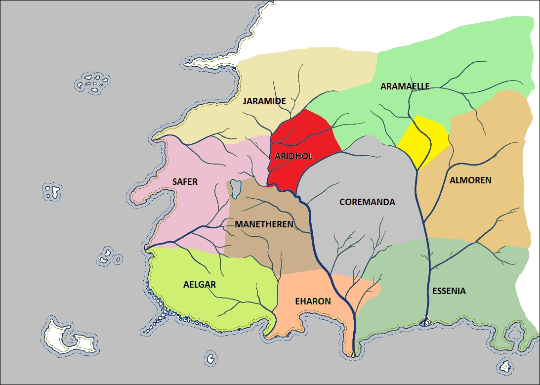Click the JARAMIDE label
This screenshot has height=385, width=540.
pos(264,101)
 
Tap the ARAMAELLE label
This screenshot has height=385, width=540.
pos(405,86)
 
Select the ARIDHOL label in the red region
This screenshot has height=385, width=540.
pos(293,156)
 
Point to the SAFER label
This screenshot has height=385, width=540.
pos(185,182)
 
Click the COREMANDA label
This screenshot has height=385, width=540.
pos(367,202)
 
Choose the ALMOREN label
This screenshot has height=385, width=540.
pos(470,180)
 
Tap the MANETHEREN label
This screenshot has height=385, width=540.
pos(264,224)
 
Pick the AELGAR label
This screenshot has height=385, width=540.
pos(200,285)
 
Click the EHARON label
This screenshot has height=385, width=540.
pos(313,301)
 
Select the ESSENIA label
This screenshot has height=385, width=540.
pos(449,291)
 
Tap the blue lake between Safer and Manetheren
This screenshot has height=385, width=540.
pos(236,188)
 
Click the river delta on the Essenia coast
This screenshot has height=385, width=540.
pos(426,323)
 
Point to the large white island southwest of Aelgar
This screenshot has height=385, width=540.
pos(67,337)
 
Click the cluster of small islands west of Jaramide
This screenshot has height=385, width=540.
pos(93,83)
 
